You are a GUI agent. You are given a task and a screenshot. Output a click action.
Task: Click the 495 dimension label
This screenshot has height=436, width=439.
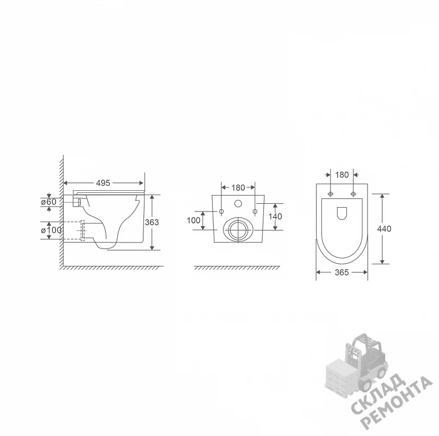(x=103, y=183)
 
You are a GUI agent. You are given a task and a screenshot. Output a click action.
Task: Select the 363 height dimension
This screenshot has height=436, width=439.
(x=152, y=222)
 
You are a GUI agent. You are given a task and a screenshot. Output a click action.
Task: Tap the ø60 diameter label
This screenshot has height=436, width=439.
(x=49, y=202)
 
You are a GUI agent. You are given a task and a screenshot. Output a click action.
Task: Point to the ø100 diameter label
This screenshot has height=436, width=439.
(x=51, y=231)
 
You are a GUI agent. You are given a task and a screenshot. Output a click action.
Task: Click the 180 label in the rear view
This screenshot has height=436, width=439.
(x=238, y=187)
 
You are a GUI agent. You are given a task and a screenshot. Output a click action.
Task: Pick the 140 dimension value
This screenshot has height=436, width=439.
(x=275, y=216)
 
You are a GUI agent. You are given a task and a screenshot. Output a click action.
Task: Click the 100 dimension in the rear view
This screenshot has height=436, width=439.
(x=194, y=221)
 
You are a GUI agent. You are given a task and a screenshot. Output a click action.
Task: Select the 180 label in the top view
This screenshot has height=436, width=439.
(x=342, y=175)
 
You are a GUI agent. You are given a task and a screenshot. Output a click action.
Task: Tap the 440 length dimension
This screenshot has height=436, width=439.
(x=384, y=229)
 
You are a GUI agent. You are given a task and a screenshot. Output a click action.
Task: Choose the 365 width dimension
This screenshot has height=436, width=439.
(x=342, y=272)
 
